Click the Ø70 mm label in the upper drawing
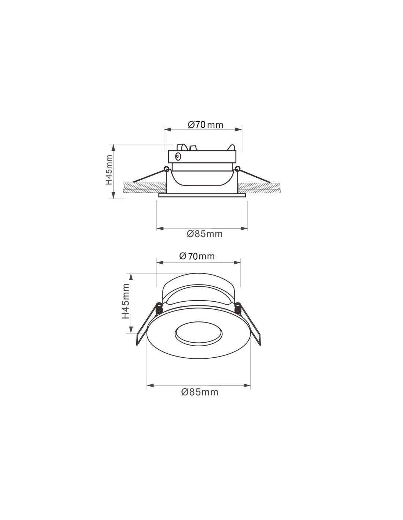tap(205, 125)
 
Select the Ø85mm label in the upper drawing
tap(204, 234)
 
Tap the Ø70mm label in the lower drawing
tap(197, 256)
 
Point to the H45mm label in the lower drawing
tap(126, 301)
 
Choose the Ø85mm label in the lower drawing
tap(200, 392)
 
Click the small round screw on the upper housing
tap(178, 157)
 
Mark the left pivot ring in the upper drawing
tap(167, 169)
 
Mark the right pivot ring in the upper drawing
tap(237, 169)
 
